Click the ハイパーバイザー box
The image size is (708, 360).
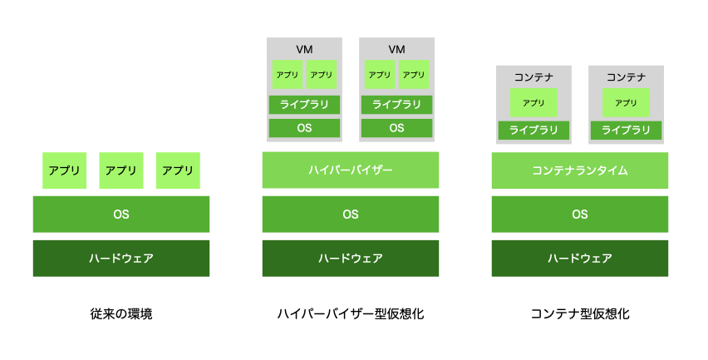click(x=351, y=170)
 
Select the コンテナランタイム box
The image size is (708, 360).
click(x=580, y=170)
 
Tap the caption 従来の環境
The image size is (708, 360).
click(x=121, y=313)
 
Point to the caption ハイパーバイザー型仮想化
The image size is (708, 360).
click(x=351, y=313)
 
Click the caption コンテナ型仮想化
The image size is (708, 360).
click(x=580, y=313)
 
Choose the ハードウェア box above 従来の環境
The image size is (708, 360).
click(x=121, y=259)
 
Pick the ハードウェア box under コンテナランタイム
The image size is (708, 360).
click(x=580, y=259)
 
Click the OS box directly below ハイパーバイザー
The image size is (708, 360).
click(x=351, y=215)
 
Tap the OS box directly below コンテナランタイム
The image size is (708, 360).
click(x=580, y=215)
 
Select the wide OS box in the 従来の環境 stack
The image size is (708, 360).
click(x=121, y=215)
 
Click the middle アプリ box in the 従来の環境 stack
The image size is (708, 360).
click(x=121, y=170)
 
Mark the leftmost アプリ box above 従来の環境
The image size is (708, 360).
click(x=64, y=170)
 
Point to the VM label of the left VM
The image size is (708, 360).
click(x=304, y=49)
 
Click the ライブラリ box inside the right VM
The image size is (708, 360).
click(x=396, y=105)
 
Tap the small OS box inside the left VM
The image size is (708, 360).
click(x=304, y=128)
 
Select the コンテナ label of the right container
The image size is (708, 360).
click(x=626, y=77)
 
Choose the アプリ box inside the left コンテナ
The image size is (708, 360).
click(x=533, y=103)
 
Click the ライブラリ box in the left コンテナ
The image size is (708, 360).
click(x=533, y=130)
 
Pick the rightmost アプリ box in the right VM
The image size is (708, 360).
click(x=414, y=75)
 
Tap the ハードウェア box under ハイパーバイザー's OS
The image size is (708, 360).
click(x=351, y=259)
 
